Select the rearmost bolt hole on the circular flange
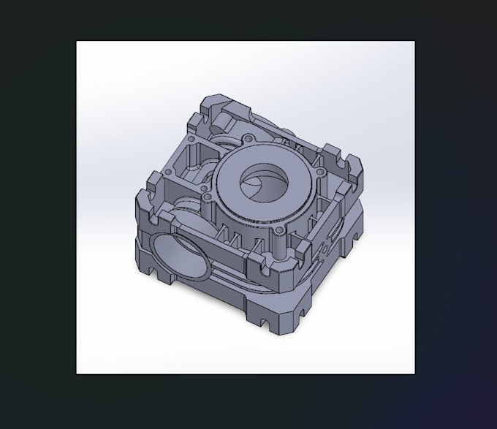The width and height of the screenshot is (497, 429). pos(248,137)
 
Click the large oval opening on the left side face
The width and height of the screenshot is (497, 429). pos(173,257)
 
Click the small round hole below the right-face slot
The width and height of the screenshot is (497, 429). pos(324,248)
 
